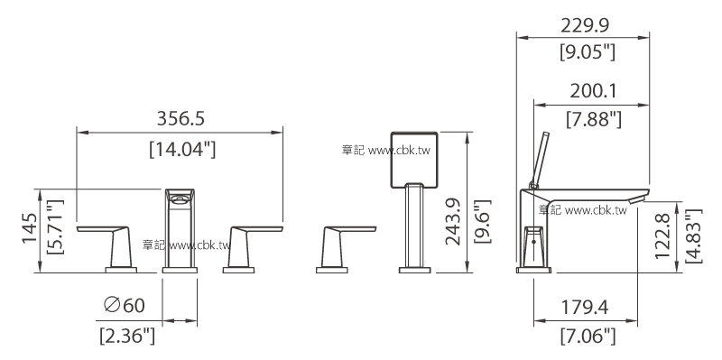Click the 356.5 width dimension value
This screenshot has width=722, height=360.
tap(180, 118)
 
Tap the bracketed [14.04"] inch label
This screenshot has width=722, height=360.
tap(182, 150)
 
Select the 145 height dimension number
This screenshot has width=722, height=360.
tap(30, 228)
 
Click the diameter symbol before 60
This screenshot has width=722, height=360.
tap(112, 304)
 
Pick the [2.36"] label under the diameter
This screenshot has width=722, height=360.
tap(127, 336)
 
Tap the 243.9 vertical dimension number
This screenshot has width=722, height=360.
tap(453, 221)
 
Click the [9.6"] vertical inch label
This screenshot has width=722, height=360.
tap(483, 221)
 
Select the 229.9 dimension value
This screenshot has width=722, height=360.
tap(585, 26)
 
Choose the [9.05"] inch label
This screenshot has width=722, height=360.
tap(588, 52)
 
